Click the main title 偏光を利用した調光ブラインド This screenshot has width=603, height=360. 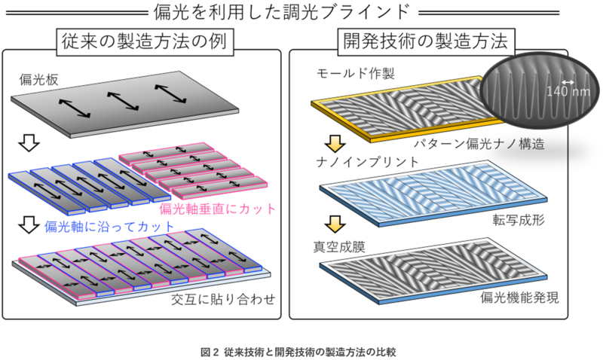pos(301,12)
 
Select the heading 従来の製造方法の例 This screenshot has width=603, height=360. pos(143,41)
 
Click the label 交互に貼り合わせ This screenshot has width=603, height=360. pos(222,300)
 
